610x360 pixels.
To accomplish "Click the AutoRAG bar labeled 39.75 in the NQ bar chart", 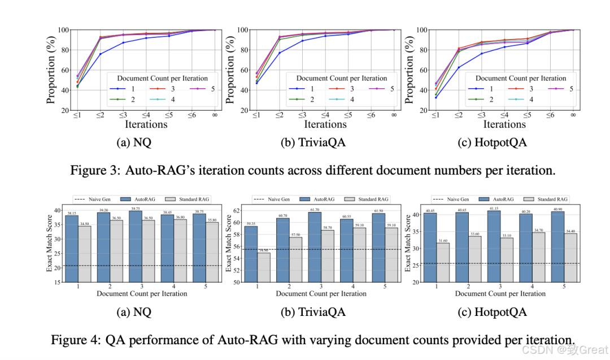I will click(x=136, y=246).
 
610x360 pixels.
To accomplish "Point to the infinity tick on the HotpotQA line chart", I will click(x=573, y=115).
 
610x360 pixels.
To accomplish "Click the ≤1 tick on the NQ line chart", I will click(x=77, y=115).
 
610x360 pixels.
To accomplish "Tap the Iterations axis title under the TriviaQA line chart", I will click(x=325, y=124).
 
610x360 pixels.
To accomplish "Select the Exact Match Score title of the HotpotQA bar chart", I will click(x=408, y=244).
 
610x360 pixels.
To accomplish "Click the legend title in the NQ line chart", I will click(x=162, y=79).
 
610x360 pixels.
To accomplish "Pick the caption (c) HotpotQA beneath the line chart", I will click(x=492, y=142).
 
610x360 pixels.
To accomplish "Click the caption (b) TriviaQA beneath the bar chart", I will click(x=313, y=312).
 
